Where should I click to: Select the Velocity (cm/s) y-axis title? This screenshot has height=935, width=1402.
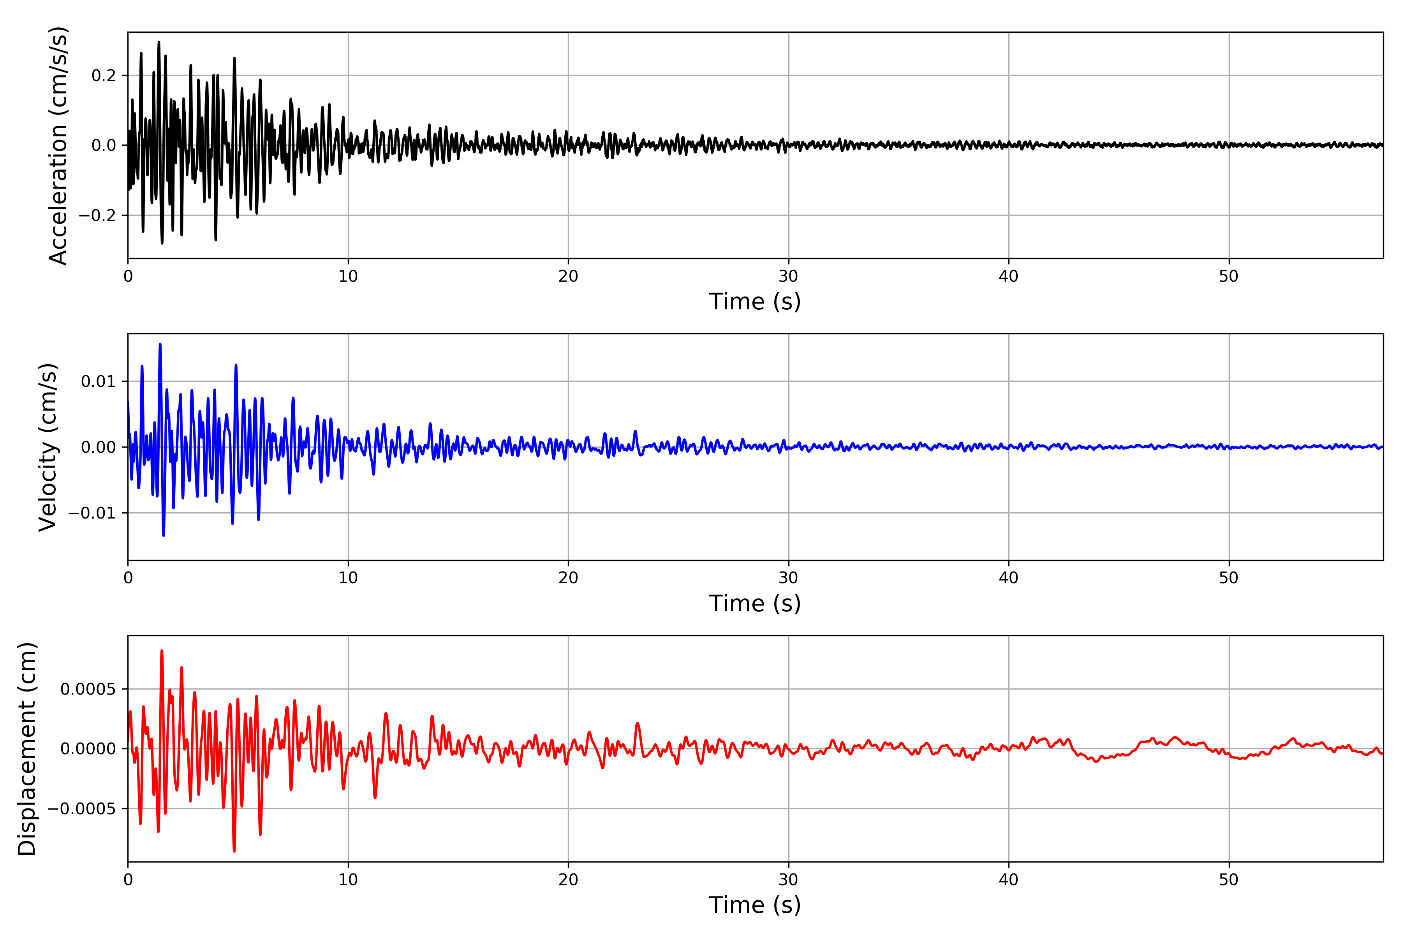pyautogui.click(x=48, y=447)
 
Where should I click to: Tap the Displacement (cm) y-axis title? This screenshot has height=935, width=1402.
pyautogui.click(x=27, y=749)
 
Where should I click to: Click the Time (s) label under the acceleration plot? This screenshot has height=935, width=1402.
pyautogui.click(x=755, y=302)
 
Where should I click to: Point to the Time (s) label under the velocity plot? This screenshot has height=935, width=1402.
pyautogui.click(x=755, y=603)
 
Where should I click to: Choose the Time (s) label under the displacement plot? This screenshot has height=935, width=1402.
pyautogui.click(x=755, y=905)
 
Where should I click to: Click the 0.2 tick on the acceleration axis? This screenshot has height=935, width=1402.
pyautogui.click(x=104, y=76)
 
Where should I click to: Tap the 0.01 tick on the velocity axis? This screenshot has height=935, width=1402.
pyautogui.click(x=99, y=381)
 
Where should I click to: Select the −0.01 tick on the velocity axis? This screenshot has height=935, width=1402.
pyautogui.click(x=92, y=513)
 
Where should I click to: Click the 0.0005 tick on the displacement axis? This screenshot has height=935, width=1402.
pyautogui.click(x=88, y=689)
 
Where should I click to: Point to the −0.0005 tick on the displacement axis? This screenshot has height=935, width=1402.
pyautogui.click(x=82, y=809)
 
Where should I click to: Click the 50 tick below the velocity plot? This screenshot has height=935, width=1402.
pyautogui.click(x=1229, y=578)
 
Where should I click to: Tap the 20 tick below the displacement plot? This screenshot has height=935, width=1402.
pyautogui.click(x=568, y=880)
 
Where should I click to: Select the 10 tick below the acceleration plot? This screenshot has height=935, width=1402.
pyautogui.click(x=348, y=277)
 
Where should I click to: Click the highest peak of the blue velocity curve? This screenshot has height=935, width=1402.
pyautogui.click(x=160, y=344)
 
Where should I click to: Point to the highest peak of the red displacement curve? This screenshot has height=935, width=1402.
pyautogui.click(x=162, y=651)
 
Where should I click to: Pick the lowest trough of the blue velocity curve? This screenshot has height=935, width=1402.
pyautogui.click(x=163, y=535)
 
